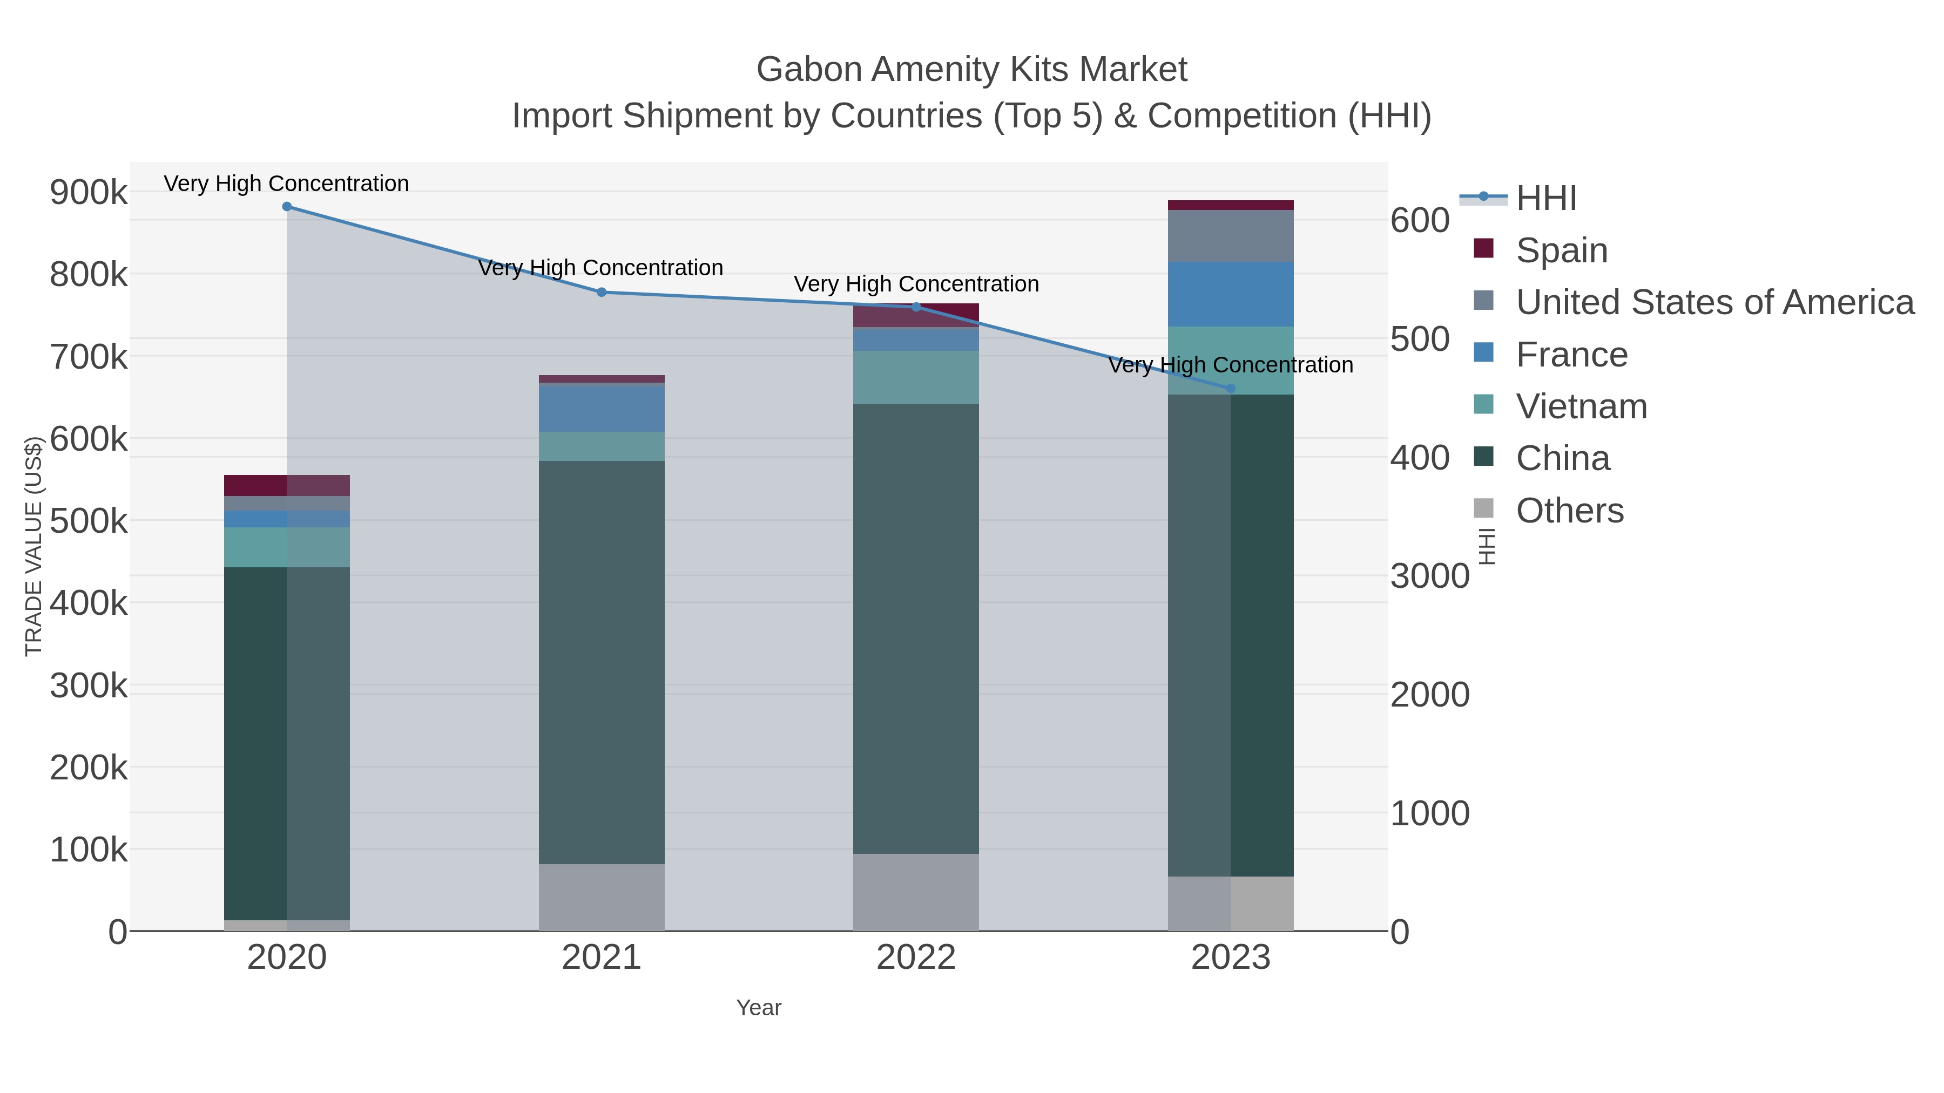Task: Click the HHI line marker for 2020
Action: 287,207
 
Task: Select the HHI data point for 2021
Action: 602,292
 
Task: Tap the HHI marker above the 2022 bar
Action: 916,307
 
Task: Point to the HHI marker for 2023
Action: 1231,389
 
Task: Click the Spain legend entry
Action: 1561,250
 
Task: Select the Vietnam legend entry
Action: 1581,406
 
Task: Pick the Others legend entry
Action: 1569,511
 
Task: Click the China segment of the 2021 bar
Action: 602,662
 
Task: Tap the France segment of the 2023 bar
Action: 1231,294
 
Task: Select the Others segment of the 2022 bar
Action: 916,892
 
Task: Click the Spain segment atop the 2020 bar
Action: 287,485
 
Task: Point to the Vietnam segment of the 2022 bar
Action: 916,377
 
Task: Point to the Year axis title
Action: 759,1008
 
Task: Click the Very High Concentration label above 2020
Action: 287,184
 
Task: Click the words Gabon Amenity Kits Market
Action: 971,70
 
